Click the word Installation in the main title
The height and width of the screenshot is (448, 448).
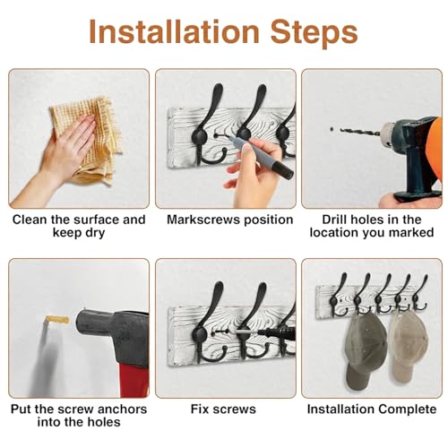point(174,31)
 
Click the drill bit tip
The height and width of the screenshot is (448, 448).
point(340,129)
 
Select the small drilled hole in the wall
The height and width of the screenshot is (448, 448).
point(332,129)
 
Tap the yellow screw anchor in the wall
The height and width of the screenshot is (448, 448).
point(57,320)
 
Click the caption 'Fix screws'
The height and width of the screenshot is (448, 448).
point(223,409)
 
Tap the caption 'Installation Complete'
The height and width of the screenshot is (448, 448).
point(372,409)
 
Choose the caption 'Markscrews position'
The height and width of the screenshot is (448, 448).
point(229,220)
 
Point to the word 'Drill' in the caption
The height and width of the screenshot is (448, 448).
point(334,220)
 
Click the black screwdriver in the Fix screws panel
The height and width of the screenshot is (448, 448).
point(276,332)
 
